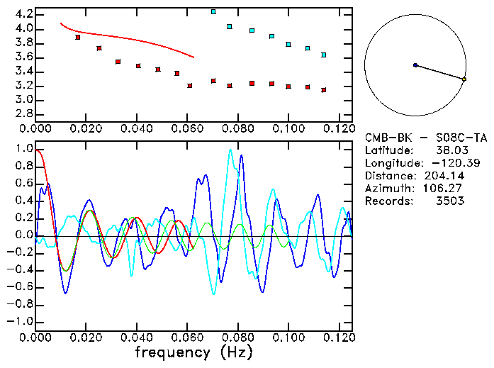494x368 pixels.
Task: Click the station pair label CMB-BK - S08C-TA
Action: pyautogui.click(x=426, y=138)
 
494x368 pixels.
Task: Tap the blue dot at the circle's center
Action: pyautogui.click(x=415, y=65)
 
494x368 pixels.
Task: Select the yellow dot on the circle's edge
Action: pyautogui.click(x=464, y=79)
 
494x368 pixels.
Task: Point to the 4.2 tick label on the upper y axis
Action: pyautogui.click(x=22, y=14)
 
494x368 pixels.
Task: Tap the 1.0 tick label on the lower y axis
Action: pyautogui.click(x=23, y=150)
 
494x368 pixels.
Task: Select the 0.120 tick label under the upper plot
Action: pyautogui.click(x=339, y=128)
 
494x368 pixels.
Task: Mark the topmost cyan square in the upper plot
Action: pyautogui.click(x=213, y=12)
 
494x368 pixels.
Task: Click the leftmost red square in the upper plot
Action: pyautogui.click(x=78, y=38)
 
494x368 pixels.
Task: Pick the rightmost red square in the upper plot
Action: pyautogui.click(x=324, y=90)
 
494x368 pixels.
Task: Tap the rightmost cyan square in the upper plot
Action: pyautogui.click(x=324, y=55)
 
